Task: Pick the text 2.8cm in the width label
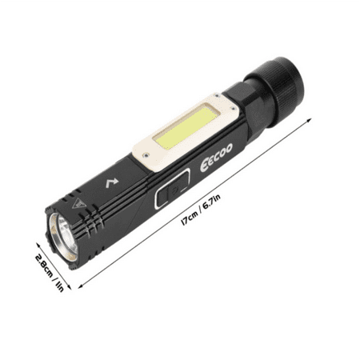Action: pos(38,262)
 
